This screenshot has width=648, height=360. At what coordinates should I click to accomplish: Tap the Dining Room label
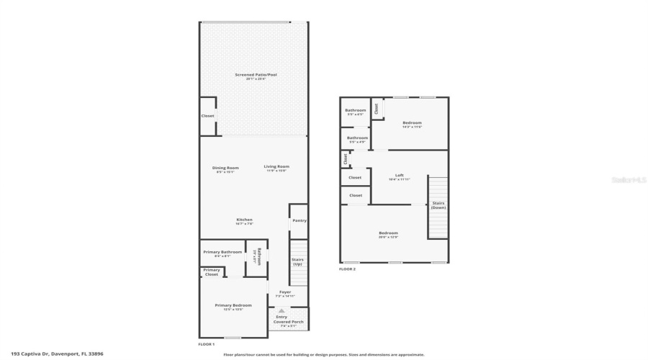point(225,168)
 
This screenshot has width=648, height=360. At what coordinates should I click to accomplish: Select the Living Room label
point(276,167)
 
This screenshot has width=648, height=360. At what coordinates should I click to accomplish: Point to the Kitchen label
point(245,220)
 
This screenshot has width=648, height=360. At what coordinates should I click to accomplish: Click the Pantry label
point(300,220)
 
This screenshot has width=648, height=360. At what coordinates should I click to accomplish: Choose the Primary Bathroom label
point(222,252)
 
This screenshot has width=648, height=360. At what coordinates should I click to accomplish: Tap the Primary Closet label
point(212,271)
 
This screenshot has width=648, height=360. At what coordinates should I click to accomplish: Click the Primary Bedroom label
point(233,305)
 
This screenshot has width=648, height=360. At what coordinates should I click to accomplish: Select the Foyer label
point(285,292)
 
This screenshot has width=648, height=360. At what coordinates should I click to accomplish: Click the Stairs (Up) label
point(297,261)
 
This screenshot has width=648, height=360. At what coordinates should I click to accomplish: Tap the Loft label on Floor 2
point(400,175)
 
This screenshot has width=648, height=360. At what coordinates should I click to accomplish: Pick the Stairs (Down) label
point(438,204)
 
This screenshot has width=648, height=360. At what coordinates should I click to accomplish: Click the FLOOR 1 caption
point(207,344)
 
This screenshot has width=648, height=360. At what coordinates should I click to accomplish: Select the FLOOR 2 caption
point(347,269)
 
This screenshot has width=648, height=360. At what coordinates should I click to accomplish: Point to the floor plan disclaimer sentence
point(324,354)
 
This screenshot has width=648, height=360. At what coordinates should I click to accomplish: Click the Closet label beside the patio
point(207,115)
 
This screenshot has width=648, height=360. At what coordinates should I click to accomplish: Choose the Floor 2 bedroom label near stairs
point(389,233)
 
